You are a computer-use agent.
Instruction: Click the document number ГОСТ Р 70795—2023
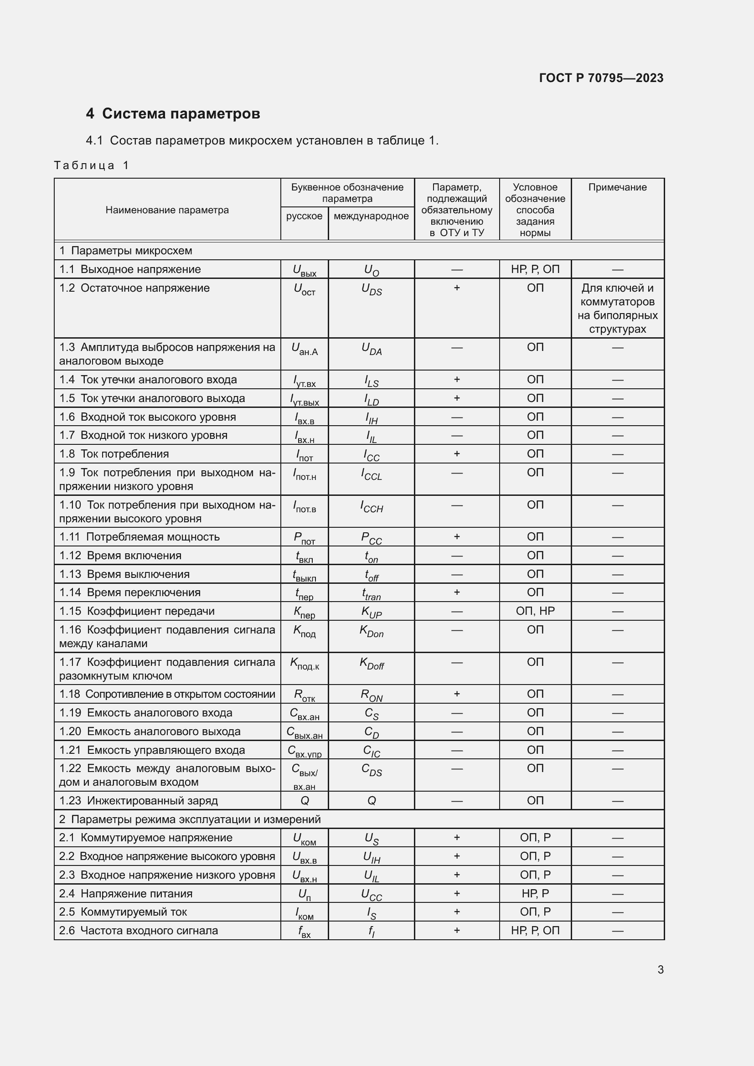pos(601,77)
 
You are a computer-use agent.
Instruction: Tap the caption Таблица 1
pos(92,165)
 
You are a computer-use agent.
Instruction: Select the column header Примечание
pos(617,187)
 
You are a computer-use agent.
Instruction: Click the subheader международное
pos(371,216)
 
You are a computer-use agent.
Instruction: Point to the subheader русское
pos(304,216)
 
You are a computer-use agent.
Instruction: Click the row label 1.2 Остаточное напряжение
pos(134,288)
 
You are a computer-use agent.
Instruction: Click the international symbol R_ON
pos(372,695)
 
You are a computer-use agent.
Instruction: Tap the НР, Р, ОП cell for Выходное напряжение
pos(535,269)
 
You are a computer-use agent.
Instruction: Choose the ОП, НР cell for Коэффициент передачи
pos(535,611)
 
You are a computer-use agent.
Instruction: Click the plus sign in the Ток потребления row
pos(456,453)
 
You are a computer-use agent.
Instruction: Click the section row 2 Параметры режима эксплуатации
pos(190,819)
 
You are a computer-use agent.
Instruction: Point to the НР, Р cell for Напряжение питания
pos(535,893)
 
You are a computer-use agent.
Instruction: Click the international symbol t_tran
pos(372,593)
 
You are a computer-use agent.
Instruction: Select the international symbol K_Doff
pos(372,663)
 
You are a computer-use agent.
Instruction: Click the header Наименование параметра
pos(167,210)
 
